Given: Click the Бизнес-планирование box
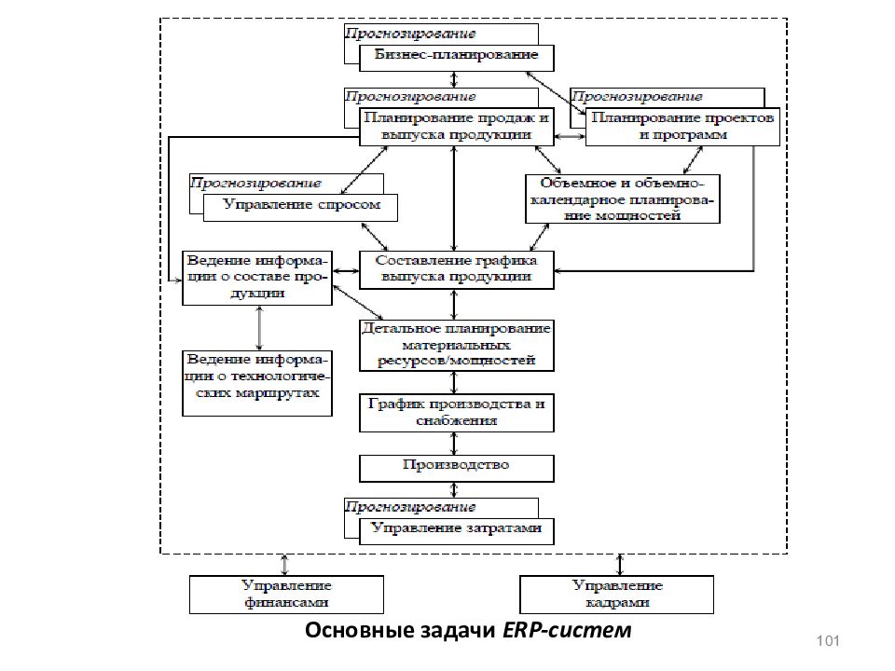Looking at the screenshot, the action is tap(457, 58).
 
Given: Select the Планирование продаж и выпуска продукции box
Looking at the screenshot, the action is tap(457, 127).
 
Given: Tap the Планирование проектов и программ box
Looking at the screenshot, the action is tap(682, 127).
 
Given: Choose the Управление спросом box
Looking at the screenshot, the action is tap(300, 208).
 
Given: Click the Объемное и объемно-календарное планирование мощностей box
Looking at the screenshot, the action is tap(622, 199).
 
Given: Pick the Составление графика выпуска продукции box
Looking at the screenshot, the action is tap(457, 270).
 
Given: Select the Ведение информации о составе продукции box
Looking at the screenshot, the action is tap(257, 278).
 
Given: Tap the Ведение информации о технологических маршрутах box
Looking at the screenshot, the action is tap(257, 383).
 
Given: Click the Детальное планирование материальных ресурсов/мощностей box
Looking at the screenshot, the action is tap(457, 346).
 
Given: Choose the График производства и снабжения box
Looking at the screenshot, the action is tap(457, 413).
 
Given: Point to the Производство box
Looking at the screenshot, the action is tap(457, 469).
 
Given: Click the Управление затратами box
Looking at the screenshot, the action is tap(457, 531).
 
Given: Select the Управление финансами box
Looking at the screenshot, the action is tap(286, 595).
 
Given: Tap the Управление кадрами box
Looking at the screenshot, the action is tap(616, 595).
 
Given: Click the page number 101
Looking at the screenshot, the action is tap(828, 641).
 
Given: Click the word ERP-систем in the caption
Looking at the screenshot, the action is tap(567, 631).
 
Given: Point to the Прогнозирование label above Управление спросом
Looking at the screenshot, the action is tap(255, 184).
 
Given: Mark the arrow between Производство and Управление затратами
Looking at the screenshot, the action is tap(454, 489).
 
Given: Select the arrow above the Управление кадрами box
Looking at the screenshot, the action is tap(620, 565).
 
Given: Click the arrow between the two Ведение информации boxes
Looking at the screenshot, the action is tap(260, 328).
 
